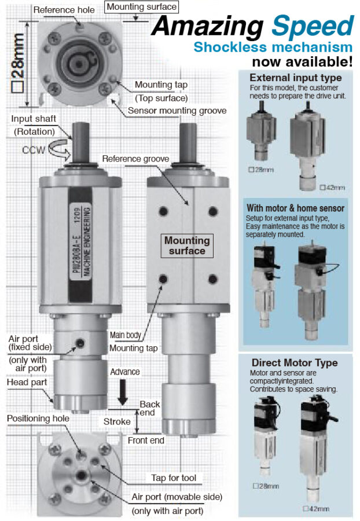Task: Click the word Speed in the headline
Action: [313, 26]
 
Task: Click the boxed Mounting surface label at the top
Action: [141, 7]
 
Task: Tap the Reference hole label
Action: [64, 10]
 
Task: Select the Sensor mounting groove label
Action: [177, 111]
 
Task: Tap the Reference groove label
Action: [135, 159]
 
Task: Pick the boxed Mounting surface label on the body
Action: [187, 245]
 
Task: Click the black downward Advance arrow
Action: [123, 392]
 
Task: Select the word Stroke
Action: [117, 421]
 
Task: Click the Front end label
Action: [146, 441]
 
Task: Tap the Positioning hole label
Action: [38, 419]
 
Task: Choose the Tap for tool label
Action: [174, 478]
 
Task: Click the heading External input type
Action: [296, 78]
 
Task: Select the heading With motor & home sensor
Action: [295, 208]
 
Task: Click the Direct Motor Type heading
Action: [295, 362]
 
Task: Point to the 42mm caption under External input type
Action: [332, 188]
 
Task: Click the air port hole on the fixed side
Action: [80, 343]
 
